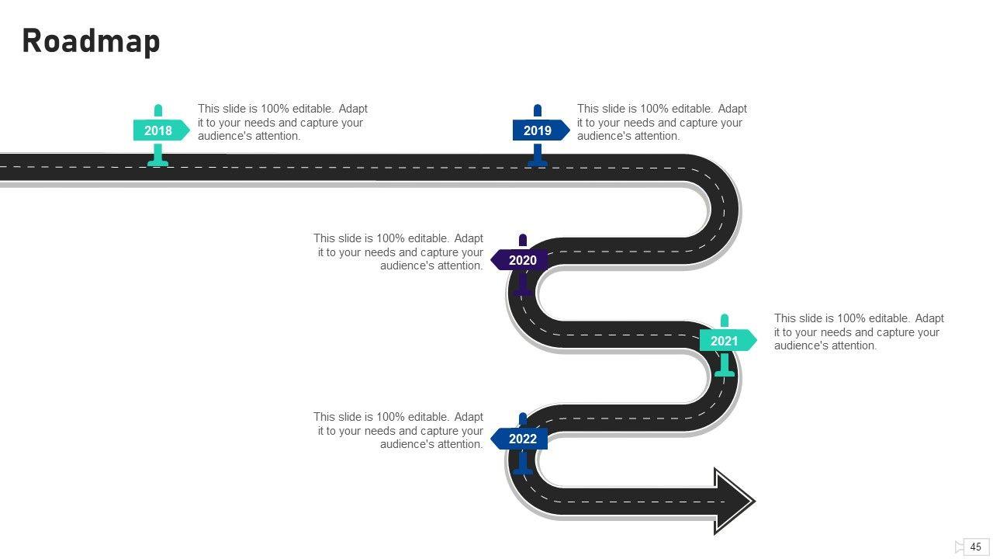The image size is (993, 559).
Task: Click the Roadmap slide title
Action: pos(91,41)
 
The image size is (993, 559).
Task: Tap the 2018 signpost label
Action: pos(159,130)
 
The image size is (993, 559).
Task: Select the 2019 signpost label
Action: pos(538,130)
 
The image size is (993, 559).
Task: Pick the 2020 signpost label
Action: pos(521,260)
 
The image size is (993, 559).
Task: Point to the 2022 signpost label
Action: pos(521,439)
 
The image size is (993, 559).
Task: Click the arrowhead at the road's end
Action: pos(733,501)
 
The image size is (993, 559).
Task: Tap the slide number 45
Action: pos(976,547)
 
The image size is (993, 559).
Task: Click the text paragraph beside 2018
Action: pos(282,123)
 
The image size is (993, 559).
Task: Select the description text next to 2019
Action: pos(662,123)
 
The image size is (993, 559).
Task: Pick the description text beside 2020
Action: pos(399,252)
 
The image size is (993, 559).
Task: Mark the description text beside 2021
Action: pos(859,332)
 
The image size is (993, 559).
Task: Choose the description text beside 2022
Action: pos(399,431)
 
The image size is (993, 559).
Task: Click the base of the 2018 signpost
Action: pos(158,162)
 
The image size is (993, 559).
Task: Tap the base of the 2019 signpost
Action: pos(538,162)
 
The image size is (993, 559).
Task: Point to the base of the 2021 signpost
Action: pos(725,373)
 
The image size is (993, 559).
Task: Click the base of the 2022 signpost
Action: pos(522,470)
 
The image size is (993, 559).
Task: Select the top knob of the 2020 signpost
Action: pos(523,239)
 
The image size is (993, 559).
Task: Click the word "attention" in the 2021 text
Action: pos(850,345)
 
